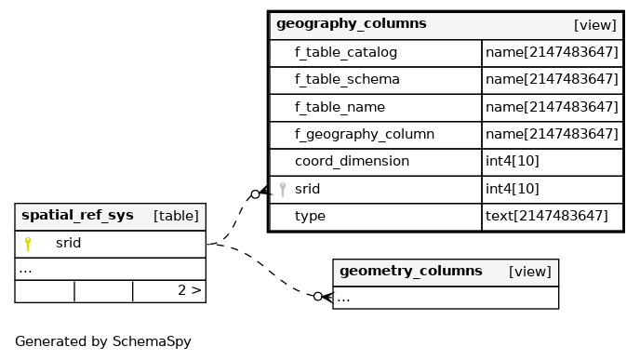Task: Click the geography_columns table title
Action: (x=352, y=24)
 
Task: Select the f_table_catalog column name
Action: (x=346, y=53)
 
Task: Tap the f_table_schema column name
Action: (x=347, y=80)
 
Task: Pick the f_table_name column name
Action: (x=340, y=107)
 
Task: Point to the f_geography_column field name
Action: (x=365, y=135)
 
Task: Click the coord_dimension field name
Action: (x=352, y=162)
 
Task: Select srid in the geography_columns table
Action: (x=307, y=189)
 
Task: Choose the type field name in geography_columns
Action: (x=310, y=217)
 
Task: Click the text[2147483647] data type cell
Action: (x=547, y=216)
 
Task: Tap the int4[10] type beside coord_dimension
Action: (x=513, y=161)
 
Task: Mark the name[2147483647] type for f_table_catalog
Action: (x=552, y=52)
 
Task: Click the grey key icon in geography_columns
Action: (x=283, y=190)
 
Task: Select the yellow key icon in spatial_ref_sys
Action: (x=28, y=244)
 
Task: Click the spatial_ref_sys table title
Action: (x=77, y=216)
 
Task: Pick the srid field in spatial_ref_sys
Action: (x=68, y=244)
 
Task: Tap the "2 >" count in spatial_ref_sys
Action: (x=190, y=290)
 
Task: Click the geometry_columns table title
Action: (x=410, y=272)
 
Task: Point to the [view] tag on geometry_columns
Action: (x=530, y=272)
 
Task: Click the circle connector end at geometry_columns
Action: (x=318, y=297)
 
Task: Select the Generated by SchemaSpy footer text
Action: (x=103, y=341)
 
